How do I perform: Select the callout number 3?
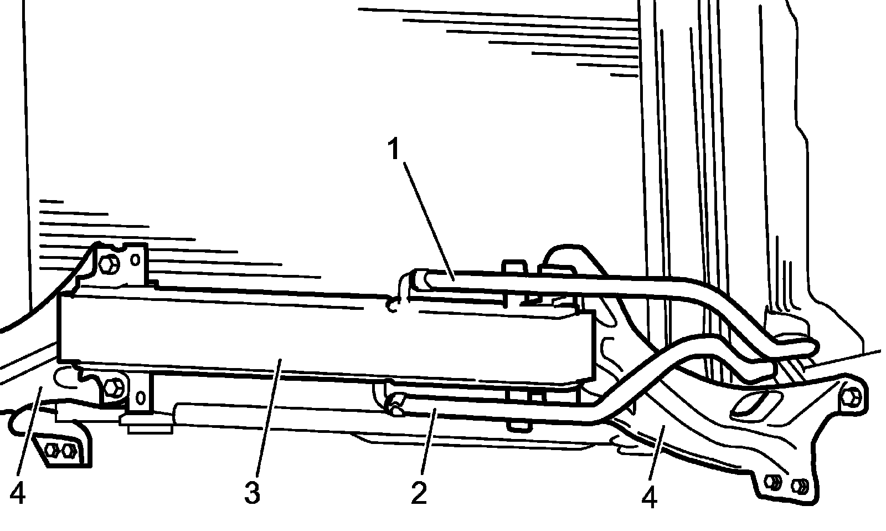coord(252,492)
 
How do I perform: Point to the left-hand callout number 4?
coord(17,493)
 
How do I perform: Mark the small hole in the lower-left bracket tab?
coord(141,397)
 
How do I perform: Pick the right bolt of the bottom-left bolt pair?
coord(69,450)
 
